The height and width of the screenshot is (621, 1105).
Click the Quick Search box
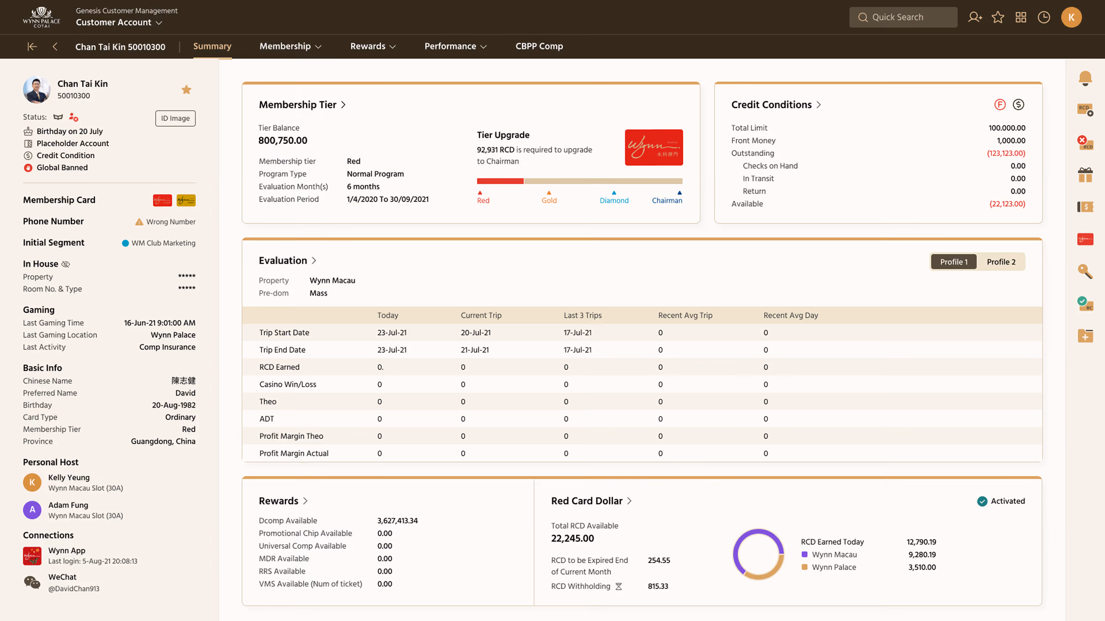pos(903,17)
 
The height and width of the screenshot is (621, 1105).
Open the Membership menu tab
pos(290,46)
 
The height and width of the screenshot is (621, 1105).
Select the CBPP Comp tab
pos(539,46)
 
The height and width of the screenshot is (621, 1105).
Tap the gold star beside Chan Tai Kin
pos(186,90)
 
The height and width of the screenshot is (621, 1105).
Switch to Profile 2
pos(1001,262)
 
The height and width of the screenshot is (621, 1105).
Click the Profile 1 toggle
pos(954,262)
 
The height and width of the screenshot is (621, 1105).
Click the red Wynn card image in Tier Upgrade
pos(654,147)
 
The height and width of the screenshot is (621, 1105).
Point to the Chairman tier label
pos(667,200)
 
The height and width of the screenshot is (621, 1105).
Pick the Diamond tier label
pos(614,200)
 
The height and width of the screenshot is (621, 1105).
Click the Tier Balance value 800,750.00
pos(283,140)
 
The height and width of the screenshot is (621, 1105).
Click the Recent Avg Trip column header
pos(685,315)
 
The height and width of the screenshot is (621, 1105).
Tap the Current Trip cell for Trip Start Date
pos(476,333)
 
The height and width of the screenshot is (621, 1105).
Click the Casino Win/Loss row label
pos(288,384)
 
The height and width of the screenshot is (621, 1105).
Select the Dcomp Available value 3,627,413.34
pos(397,521)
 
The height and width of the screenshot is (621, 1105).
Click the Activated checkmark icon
pos(982,501)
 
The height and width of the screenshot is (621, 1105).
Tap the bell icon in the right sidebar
pos(1085,78)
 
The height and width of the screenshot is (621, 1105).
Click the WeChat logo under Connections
pos(32,582)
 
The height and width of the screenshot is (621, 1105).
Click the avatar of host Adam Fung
pos(32,510)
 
